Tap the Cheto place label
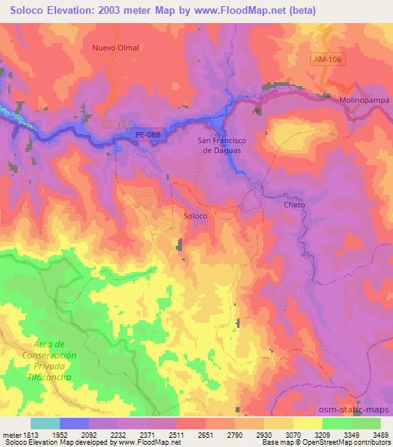click(x=294, y=205)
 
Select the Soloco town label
click(x=196, y=217)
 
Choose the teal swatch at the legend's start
click(x=45, y=423)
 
